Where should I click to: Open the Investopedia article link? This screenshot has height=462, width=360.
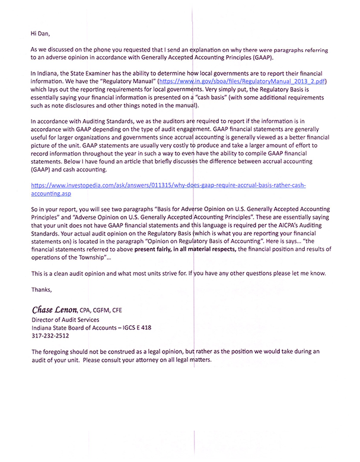tap(169, 186)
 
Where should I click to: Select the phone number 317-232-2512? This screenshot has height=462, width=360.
tap(50, 334)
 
